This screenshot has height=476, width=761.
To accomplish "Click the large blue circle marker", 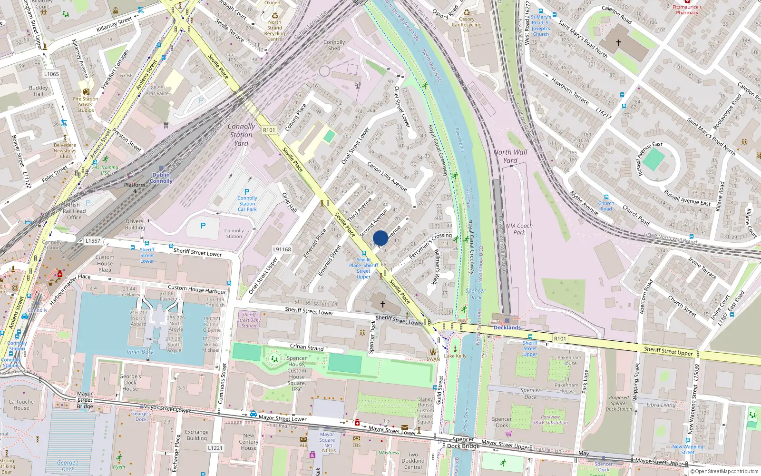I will pos(380,238).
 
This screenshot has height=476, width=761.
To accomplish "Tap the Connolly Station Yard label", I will pos(241,135).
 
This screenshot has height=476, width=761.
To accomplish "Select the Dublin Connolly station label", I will pos(161,178).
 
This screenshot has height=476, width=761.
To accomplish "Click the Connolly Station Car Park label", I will pos(247,204).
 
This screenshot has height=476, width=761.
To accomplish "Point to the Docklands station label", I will pos(507,327).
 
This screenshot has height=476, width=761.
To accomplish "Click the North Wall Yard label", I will pos(510,156).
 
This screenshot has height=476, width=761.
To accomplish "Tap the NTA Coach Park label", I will pos(519,229).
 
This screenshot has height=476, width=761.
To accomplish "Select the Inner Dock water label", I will pos(140,352).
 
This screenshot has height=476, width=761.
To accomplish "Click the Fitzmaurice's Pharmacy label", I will pos(687,10).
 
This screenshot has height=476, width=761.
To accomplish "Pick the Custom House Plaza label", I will pos(105,263).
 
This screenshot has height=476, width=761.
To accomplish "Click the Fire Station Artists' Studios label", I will pos(86,105).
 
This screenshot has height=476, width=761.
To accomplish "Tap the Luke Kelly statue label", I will pos(455,356).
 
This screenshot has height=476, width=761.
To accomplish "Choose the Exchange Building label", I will pos(197,435).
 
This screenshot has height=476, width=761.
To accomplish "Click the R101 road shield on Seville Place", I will pos(269,130).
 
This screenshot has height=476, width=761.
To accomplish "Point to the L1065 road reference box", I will pos(51,74).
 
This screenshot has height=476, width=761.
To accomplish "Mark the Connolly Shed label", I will pos(334,45).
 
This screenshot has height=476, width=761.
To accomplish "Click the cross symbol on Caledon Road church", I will pos(619,43).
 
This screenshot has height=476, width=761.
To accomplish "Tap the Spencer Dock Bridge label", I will pos(463,443).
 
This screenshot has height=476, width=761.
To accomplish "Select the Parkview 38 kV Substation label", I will pos(550,420).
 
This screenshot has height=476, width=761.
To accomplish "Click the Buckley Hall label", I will pos(39,91).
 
